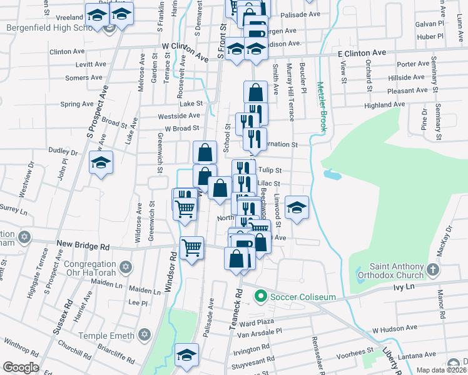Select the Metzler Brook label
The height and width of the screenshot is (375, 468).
pyautogui.click(x=322, y=106)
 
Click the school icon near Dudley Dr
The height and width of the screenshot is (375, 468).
pyautogui.click(x=101, y=163)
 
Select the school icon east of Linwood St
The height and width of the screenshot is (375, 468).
pyautogui.click(x=297, y=207)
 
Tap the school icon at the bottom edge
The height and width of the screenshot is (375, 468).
pyautogui.click(x=186, y=355)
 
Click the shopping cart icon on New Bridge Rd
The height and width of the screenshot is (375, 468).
pyautogui.click(x=191, y=247)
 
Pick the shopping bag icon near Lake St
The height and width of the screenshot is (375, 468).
pyautogui.click(x=255, y=93)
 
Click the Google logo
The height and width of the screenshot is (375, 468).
pyautogui.click(x=21, y=367)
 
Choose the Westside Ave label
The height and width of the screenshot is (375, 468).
pyautogui.click(x=179, y=116)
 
